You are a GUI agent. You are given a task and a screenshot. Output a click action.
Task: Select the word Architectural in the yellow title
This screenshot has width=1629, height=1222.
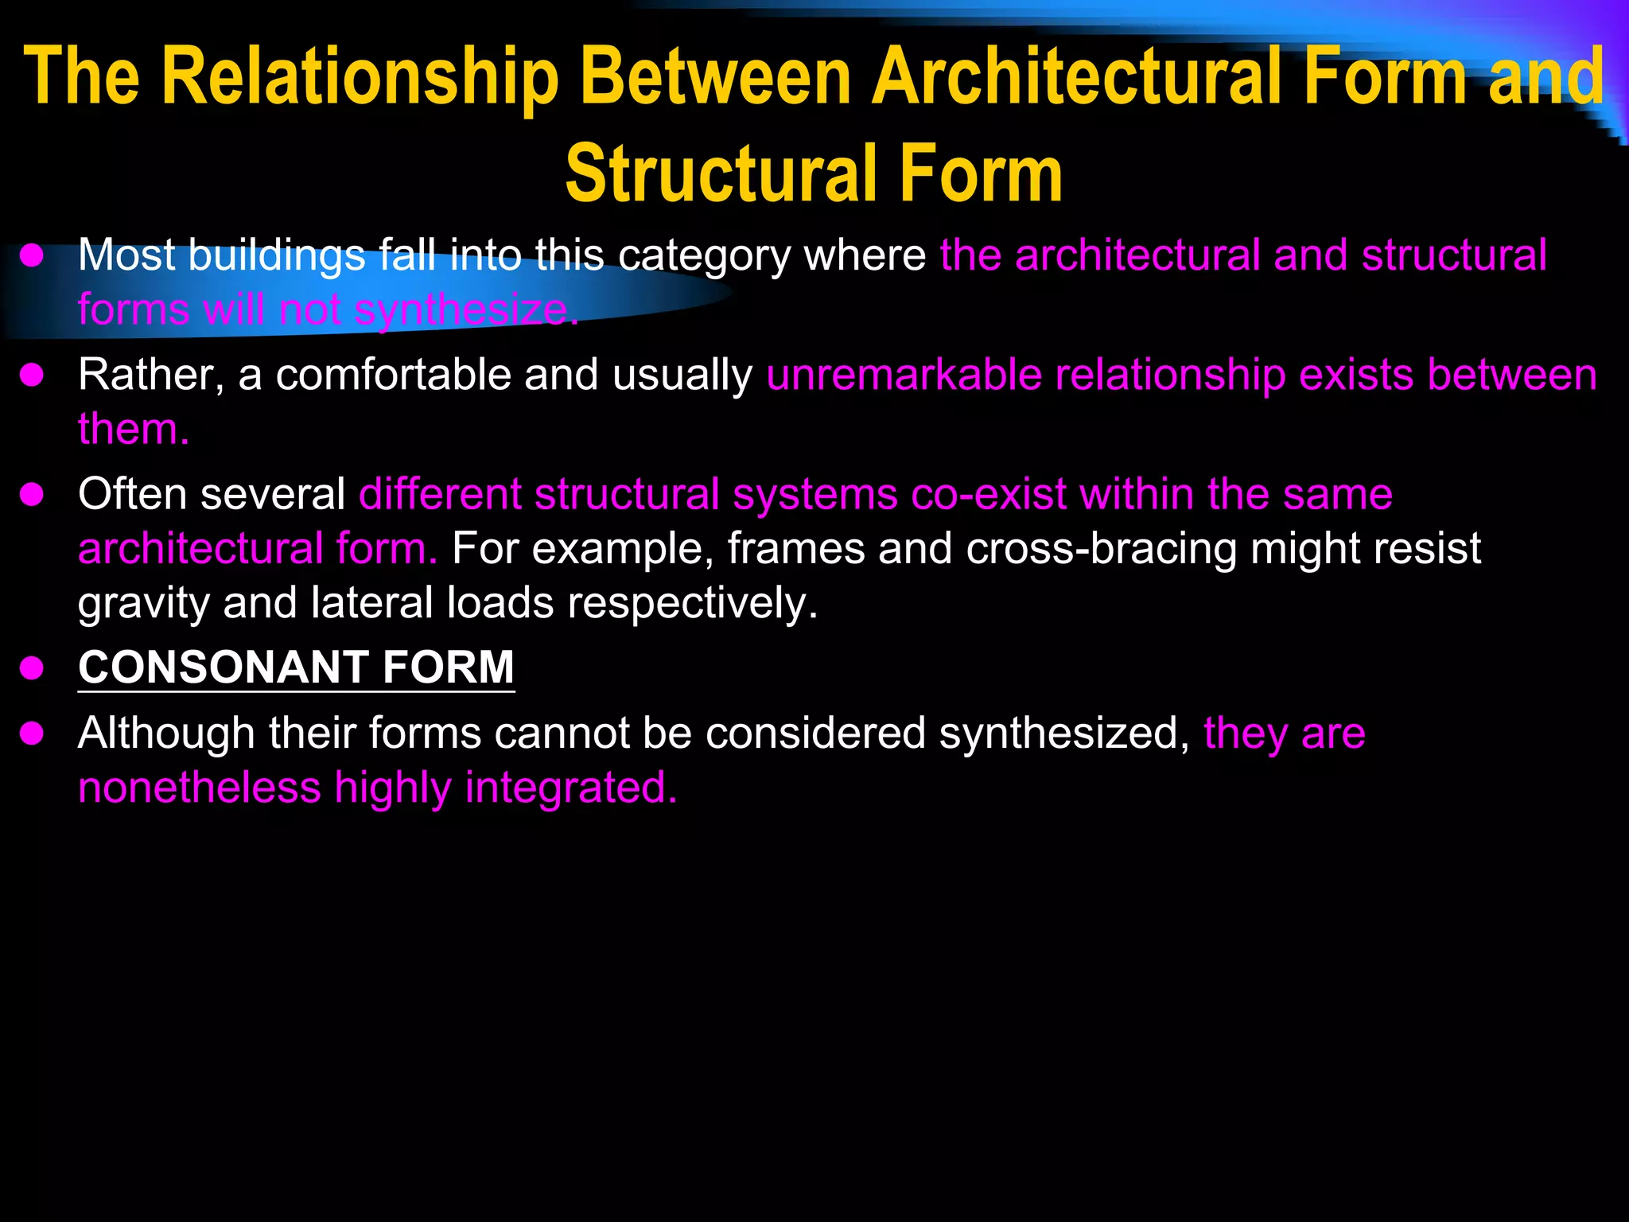(1077, 77)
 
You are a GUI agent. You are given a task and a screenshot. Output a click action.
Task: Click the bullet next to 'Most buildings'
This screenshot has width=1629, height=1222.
(32, 256)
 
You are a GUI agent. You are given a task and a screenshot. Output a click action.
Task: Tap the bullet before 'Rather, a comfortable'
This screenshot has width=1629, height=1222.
(32, 376)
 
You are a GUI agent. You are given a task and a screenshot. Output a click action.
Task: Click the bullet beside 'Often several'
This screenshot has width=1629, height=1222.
(32, 496)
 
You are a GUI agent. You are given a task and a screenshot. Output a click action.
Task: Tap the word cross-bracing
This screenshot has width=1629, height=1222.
(1102, 549)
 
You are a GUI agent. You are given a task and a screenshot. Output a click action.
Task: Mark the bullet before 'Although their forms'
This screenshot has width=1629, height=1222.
(32, 734)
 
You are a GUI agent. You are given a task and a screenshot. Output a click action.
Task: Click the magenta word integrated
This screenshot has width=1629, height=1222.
(570, 788)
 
